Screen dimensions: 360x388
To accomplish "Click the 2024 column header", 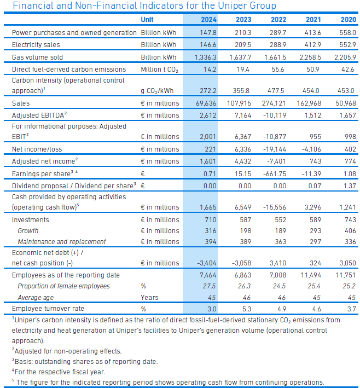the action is pos(208,20).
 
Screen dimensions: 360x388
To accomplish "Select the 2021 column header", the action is pos(313,20).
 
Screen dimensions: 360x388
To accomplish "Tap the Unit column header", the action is pos(147,20).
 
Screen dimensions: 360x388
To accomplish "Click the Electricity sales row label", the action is pos(36,45).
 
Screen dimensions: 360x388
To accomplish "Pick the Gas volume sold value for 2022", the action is pos(275,57).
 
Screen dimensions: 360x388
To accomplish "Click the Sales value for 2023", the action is pos(239,103).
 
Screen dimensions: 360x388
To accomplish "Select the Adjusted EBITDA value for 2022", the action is pos(274,115).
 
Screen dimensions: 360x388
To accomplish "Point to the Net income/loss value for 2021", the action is pos(311,149).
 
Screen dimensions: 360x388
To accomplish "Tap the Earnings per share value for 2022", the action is pos(275,174).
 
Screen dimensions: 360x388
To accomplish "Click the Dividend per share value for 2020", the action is pos(350,186).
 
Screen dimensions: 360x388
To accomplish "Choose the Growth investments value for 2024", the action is pos(211,230).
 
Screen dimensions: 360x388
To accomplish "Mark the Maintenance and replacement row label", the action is pos(62,242).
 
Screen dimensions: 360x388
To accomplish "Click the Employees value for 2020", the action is pos(346,275).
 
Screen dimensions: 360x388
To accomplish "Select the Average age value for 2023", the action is pos(247,298).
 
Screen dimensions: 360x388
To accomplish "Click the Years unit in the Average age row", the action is pos(149,298).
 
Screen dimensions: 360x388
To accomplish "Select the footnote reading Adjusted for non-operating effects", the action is pos(67,351).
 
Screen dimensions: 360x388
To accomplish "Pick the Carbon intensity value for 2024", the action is pos(208,91).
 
